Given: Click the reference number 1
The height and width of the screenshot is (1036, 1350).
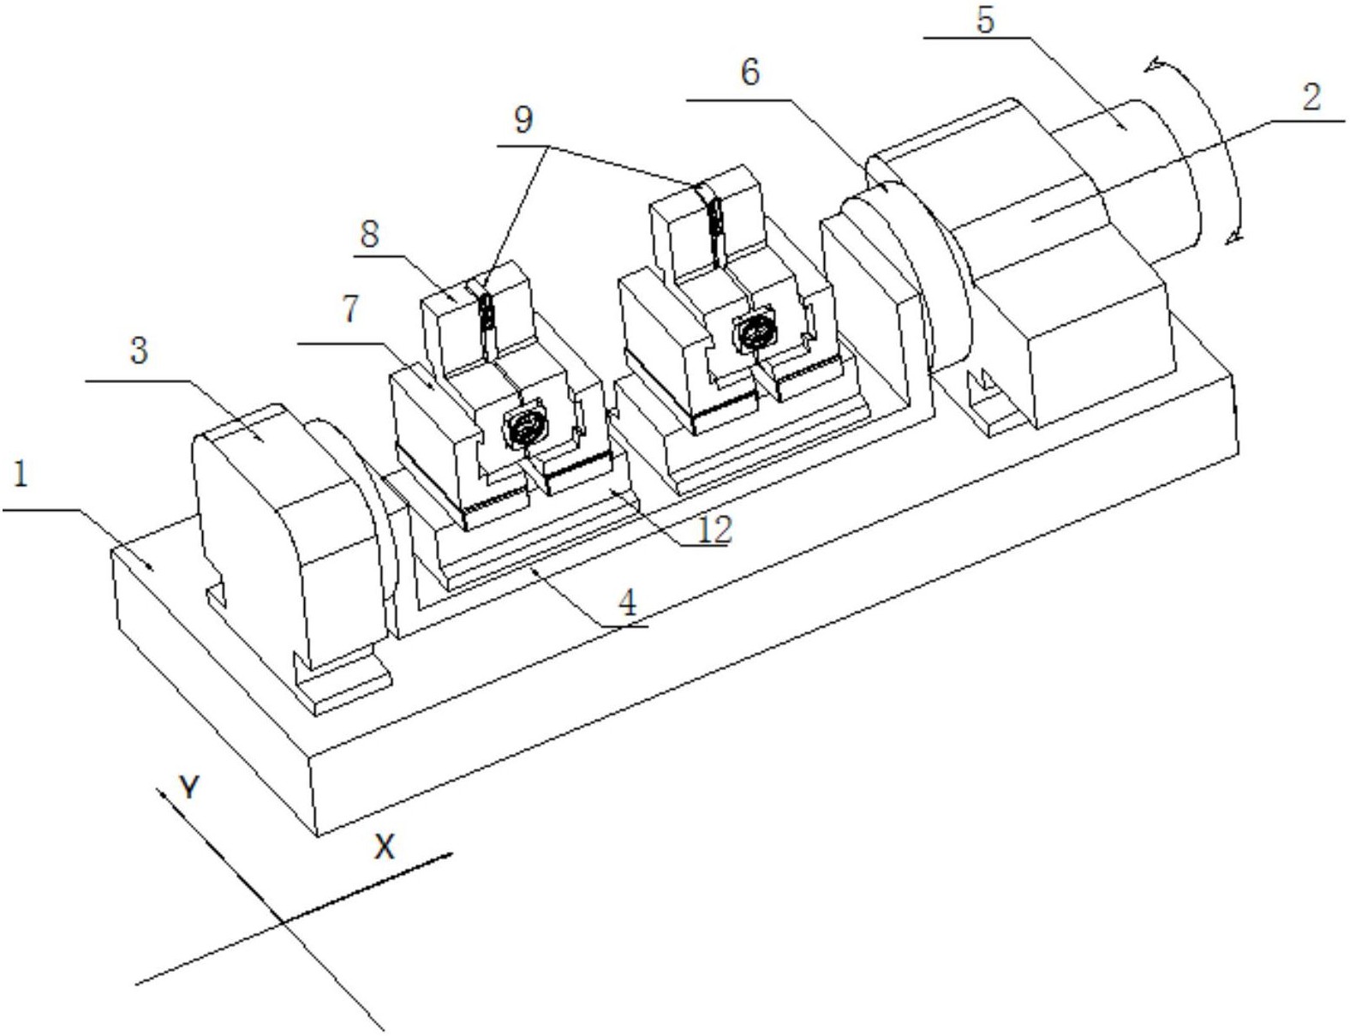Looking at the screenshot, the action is pos(21,475).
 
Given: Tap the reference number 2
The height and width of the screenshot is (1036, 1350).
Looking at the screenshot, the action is pos(1311,98).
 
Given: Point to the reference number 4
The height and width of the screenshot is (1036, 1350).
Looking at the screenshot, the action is pos(628,602).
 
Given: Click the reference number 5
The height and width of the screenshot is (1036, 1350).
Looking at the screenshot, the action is pos(985,21).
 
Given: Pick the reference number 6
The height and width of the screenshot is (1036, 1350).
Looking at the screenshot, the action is pos(750,72).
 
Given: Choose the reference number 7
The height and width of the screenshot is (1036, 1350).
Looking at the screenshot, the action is pos(350,308).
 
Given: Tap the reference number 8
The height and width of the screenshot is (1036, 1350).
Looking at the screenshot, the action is pos(369,235).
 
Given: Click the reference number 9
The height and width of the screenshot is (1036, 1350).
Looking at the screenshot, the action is pos(523,119).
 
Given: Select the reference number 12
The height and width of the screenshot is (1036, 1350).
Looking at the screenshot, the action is pos(714,529).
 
